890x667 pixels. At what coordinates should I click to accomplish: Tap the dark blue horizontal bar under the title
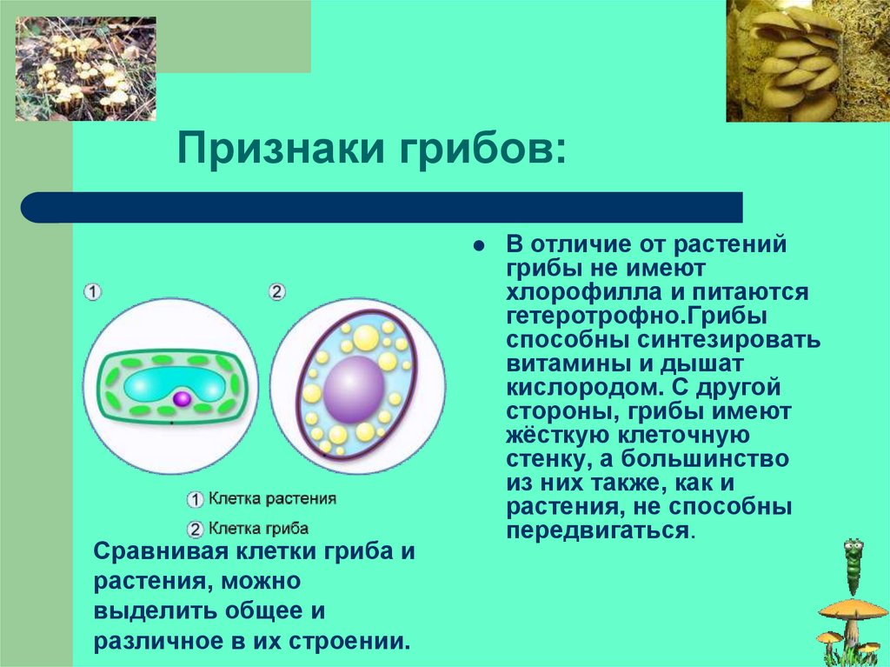point(382,207)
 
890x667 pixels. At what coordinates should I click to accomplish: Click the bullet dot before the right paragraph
point(480,247)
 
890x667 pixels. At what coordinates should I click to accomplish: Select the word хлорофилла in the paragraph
point(583,291)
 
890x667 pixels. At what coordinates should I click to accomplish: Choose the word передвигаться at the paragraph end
point(598,530)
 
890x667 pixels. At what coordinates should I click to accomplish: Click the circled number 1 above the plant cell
point(92,292)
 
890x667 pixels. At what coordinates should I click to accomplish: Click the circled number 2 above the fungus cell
point(276,292)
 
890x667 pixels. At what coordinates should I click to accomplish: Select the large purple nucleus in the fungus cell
point(354,390)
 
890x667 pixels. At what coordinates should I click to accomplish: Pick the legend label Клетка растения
point(272,499)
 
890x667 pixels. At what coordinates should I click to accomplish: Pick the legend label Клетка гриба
point(258,529)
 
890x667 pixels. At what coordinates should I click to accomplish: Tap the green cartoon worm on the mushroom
point(853,566)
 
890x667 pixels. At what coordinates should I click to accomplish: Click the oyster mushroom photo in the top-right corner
point(808,61)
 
